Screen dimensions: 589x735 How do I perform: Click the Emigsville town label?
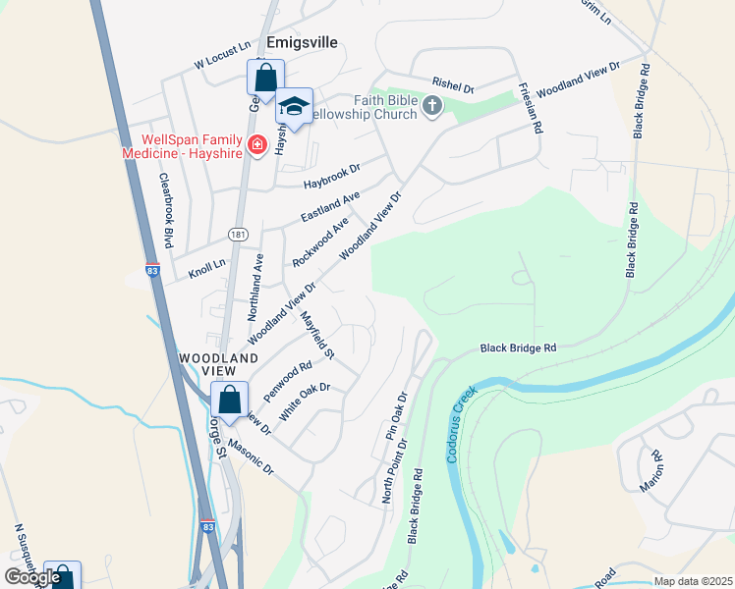click(304, 42)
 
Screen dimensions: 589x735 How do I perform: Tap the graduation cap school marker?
click(294, 105)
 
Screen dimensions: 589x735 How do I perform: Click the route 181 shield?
click(238, 234)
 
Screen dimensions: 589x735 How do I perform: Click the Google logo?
click(32, 577)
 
